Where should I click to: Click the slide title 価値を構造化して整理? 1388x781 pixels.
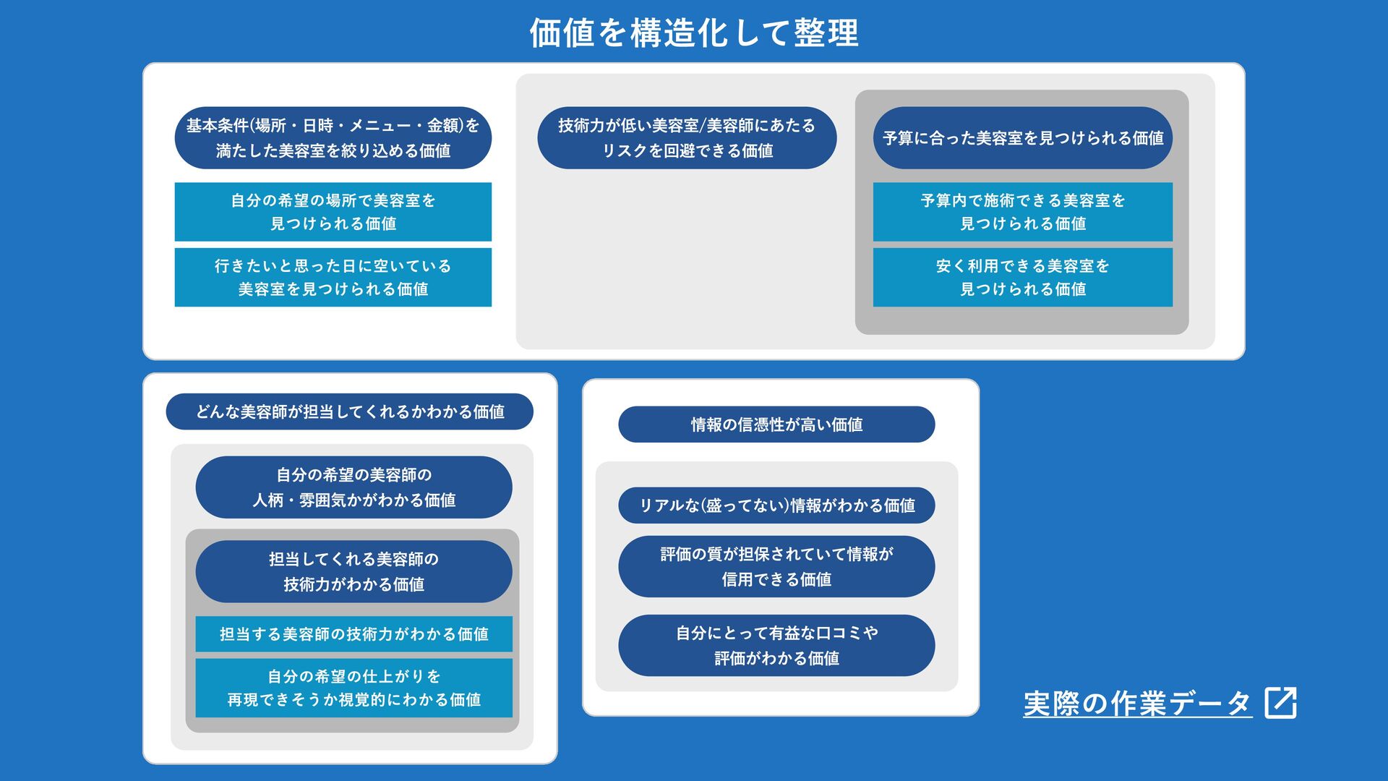click(x=694, y=33)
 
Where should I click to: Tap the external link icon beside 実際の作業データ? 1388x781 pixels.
click(x=1280, y=702)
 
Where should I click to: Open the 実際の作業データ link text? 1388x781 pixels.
click(x=1136, y=704)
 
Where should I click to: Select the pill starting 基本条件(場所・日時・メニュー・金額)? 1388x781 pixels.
click(x=333, y=138)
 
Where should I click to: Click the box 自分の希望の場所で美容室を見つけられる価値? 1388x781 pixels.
click(x=333, y=212)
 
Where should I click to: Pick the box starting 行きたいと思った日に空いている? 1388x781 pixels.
click(x=333, y=278)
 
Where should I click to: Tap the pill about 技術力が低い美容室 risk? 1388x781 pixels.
click(x=687, y=138)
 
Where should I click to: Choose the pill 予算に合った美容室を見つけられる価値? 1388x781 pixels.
click(x=1022, y=138)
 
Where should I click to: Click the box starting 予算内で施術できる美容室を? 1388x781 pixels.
click(x=1022, y=212)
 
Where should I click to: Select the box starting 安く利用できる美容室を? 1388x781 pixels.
click(x=1022, y=278)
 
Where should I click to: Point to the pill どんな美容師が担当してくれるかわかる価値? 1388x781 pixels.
click(x=349, y=412)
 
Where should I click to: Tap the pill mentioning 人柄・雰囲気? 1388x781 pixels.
click(x=354, y=487)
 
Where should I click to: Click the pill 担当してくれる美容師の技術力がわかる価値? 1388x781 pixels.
click(x=354, y=571)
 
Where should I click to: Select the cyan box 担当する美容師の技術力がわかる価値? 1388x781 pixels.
click(x=354, y=634)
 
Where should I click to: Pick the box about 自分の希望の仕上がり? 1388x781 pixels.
click(x=354, y=688)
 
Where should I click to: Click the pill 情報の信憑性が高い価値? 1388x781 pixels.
click(x=776, y=424)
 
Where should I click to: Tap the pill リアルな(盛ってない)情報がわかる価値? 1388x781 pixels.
click(x=776, y=505)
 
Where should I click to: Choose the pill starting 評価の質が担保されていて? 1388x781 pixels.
click(x=776, y=566)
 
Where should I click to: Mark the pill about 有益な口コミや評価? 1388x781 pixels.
click(x=776, y=645)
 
